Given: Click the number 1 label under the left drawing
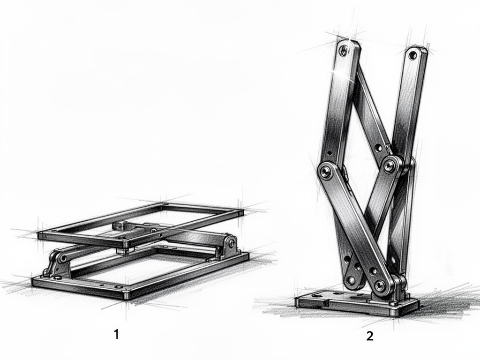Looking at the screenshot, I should pos(116,334).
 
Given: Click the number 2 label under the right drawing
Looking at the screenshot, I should pos(370,336).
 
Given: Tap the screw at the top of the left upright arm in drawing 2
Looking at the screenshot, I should pos(344,49).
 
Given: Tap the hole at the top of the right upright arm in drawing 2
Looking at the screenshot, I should pos(412,56).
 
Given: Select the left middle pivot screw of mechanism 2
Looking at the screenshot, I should pos(325,172).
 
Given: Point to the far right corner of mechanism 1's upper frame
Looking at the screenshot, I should pos(240,212).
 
